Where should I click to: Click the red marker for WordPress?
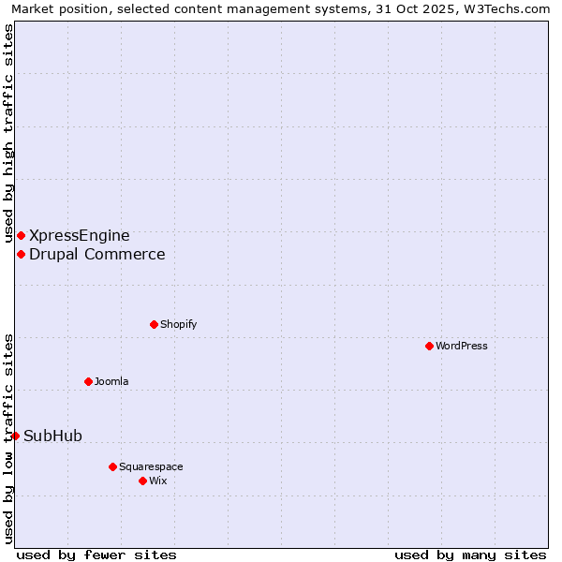pos(429,346)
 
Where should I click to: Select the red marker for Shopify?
pos(154,324)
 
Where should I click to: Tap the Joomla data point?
pos(88,381)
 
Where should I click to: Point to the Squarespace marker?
pos(112,466)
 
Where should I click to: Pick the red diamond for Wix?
pos(142,481)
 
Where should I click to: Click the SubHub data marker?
pos(15,436)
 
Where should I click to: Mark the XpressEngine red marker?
pos(21,235)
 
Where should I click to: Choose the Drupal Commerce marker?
pos(21,254)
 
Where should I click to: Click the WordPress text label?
pos(462,346)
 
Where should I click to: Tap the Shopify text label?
pos(178,324)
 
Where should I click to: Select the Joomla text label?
pos(111,381)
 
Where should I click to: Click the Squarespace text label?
pos(151,466)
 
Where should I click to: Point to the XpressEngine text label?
pos(80,235)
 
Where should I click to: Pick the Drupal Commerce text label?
pos(97,254)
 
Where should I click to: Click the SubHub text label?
pos(53,436)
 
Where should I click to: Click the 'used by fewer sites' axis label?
pos(96,555)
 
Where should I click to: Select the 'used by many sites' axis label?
pos(470,555)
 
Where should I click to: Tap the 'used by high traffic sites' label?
pos(8,134)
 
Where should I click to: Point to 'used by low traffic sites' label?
pos(8,437)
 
